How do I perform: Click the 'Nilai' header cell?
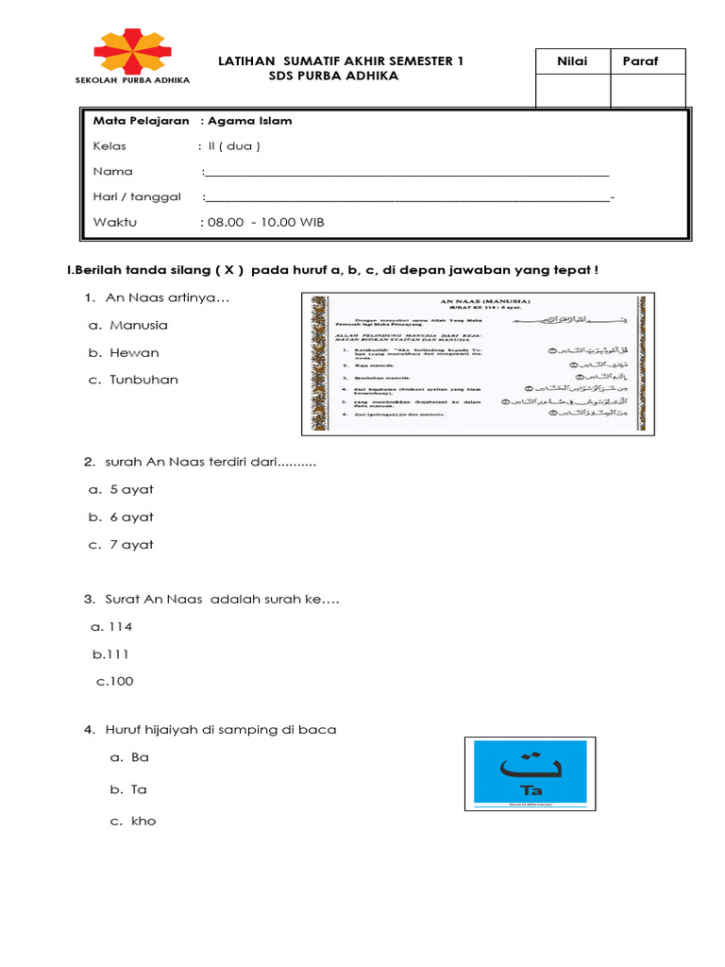(572, 61)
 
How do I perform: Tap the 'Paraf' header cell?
(640, 61)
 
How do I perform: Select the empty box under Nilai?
(572, 93)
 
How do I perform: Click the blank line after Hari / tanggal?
(406, 198)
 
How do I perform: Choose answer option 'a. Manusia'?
(128, 325)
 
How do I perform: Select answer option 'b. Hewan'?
(124, 352)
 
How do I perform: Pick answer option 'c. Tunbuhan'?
(133, 380)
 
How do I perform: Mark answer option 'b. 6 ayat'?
(122, 517)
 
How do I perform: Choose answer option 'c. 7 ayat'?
(122, 544)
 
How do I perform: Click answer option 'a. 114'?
(112, 626)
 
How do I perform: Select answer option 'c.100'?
(115, 681)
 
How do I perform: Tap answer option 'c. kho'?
(132, 821)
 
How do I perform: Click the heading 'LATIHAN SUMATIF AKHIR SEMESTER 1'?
(341, 61)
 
